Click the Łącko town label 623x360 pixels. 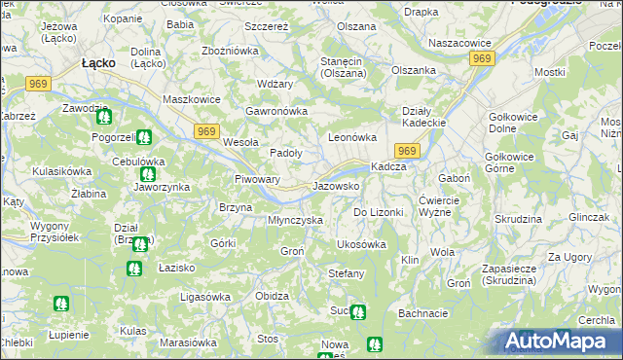98,62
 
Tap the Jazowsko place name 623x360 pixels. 337,185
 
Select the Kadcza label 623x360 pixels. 388,166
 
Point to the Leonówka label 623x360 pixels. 351,138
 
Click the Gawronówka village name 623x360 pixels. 277,111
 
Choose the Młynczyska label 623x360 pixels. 295,220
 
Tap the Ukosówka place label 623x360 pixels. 361,244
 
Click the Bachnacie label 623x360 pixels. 422,313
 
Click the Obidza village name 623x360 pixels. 272,295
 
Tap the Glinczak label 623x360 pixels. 590,217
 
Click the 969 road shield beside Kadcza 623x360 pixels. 407,151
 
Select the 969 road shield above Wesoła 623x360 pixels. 205,131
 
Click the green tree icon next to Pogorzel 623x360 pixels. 144,138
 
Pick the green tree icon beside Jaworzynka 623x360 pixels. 148,176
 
